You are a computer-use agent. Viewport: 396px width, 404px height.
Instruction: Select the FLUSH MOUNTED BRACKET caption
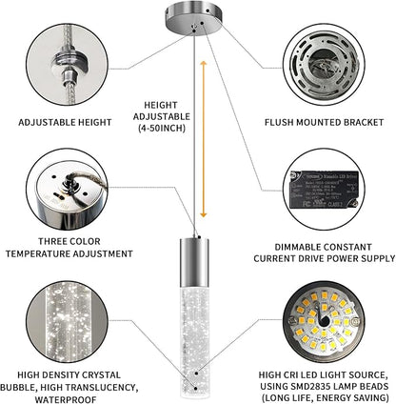coord(327,123)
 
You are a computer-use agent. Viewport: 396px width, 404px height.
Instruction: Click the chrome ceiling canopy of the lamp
coord(198,23)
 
